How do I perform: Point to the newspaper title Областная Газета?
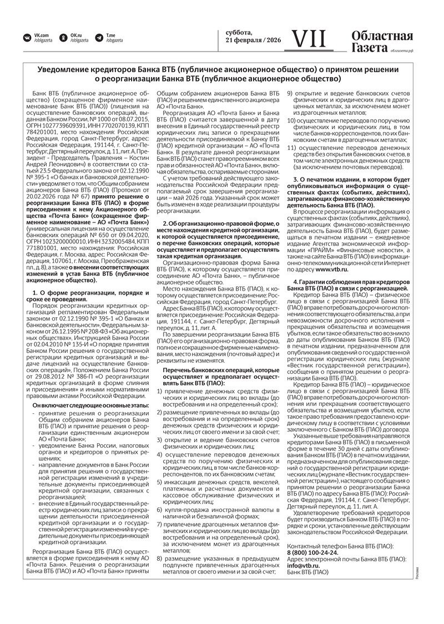[381, 42]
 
